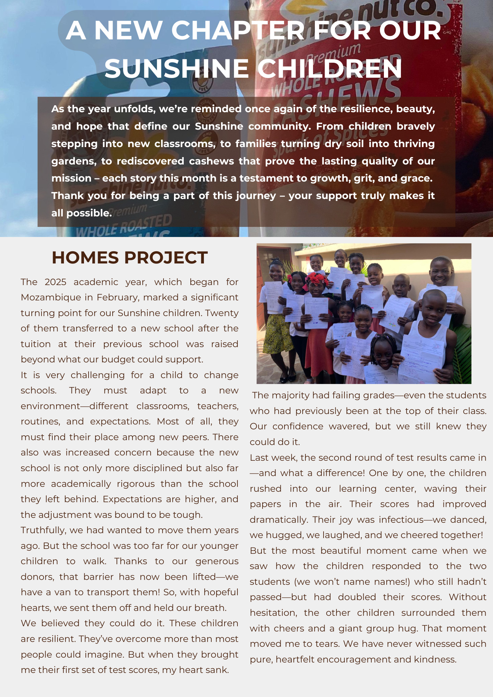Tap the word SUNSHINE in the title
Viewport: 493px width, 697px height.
click(176, 69)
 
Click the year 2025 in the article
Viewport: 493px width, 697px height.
click(55, 282)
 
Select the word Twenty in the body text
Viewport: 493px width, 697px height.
click(222, 313)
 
